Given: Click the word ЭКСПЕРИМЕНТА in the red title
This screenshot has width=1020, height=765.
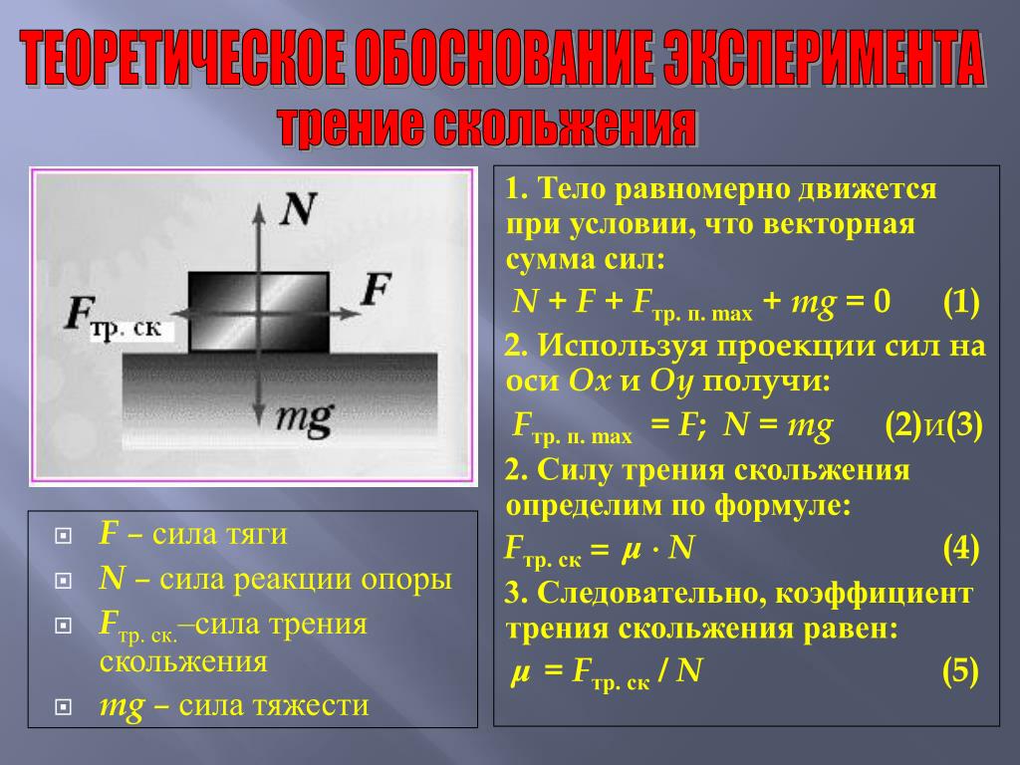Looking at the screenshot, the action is coord(823,59).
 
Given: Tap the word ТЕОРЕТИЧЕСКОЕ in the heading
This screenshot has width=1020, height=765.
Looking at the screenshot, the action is coord(183,59).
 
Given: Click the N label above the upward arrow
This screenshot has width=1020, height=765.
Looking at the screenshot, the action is coord(298,209).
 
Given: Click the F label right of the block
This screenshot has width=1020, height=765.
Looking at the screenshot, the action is coord(376,289).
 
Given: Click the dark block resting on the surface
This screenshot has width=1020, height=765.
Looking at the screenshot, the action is coord(259,312).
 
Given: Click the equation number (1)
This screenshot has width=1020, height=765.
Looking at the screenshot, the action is coord(961,302).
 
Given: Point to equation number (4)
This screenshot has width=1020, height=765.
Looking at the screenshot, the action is coord(961,549).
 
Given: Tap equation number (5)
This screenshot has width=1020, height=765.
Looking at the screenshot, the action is coord(961,670).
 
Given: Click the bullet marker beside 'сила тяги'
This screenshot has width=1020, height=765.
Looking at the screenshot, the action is coord(64,535).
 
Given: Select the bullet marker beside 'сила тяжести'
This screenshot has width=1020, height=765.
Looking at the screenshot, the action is coord(64,707).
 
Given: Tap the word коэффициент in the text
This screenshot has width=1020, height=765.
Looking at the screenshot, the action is coord(875,594).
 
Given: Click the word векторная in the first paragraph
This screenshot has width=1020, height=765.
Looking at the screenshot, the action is coord(839,224).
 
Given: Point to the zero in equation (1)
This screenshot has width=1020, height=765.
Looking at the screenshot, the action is coord(882,301).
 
